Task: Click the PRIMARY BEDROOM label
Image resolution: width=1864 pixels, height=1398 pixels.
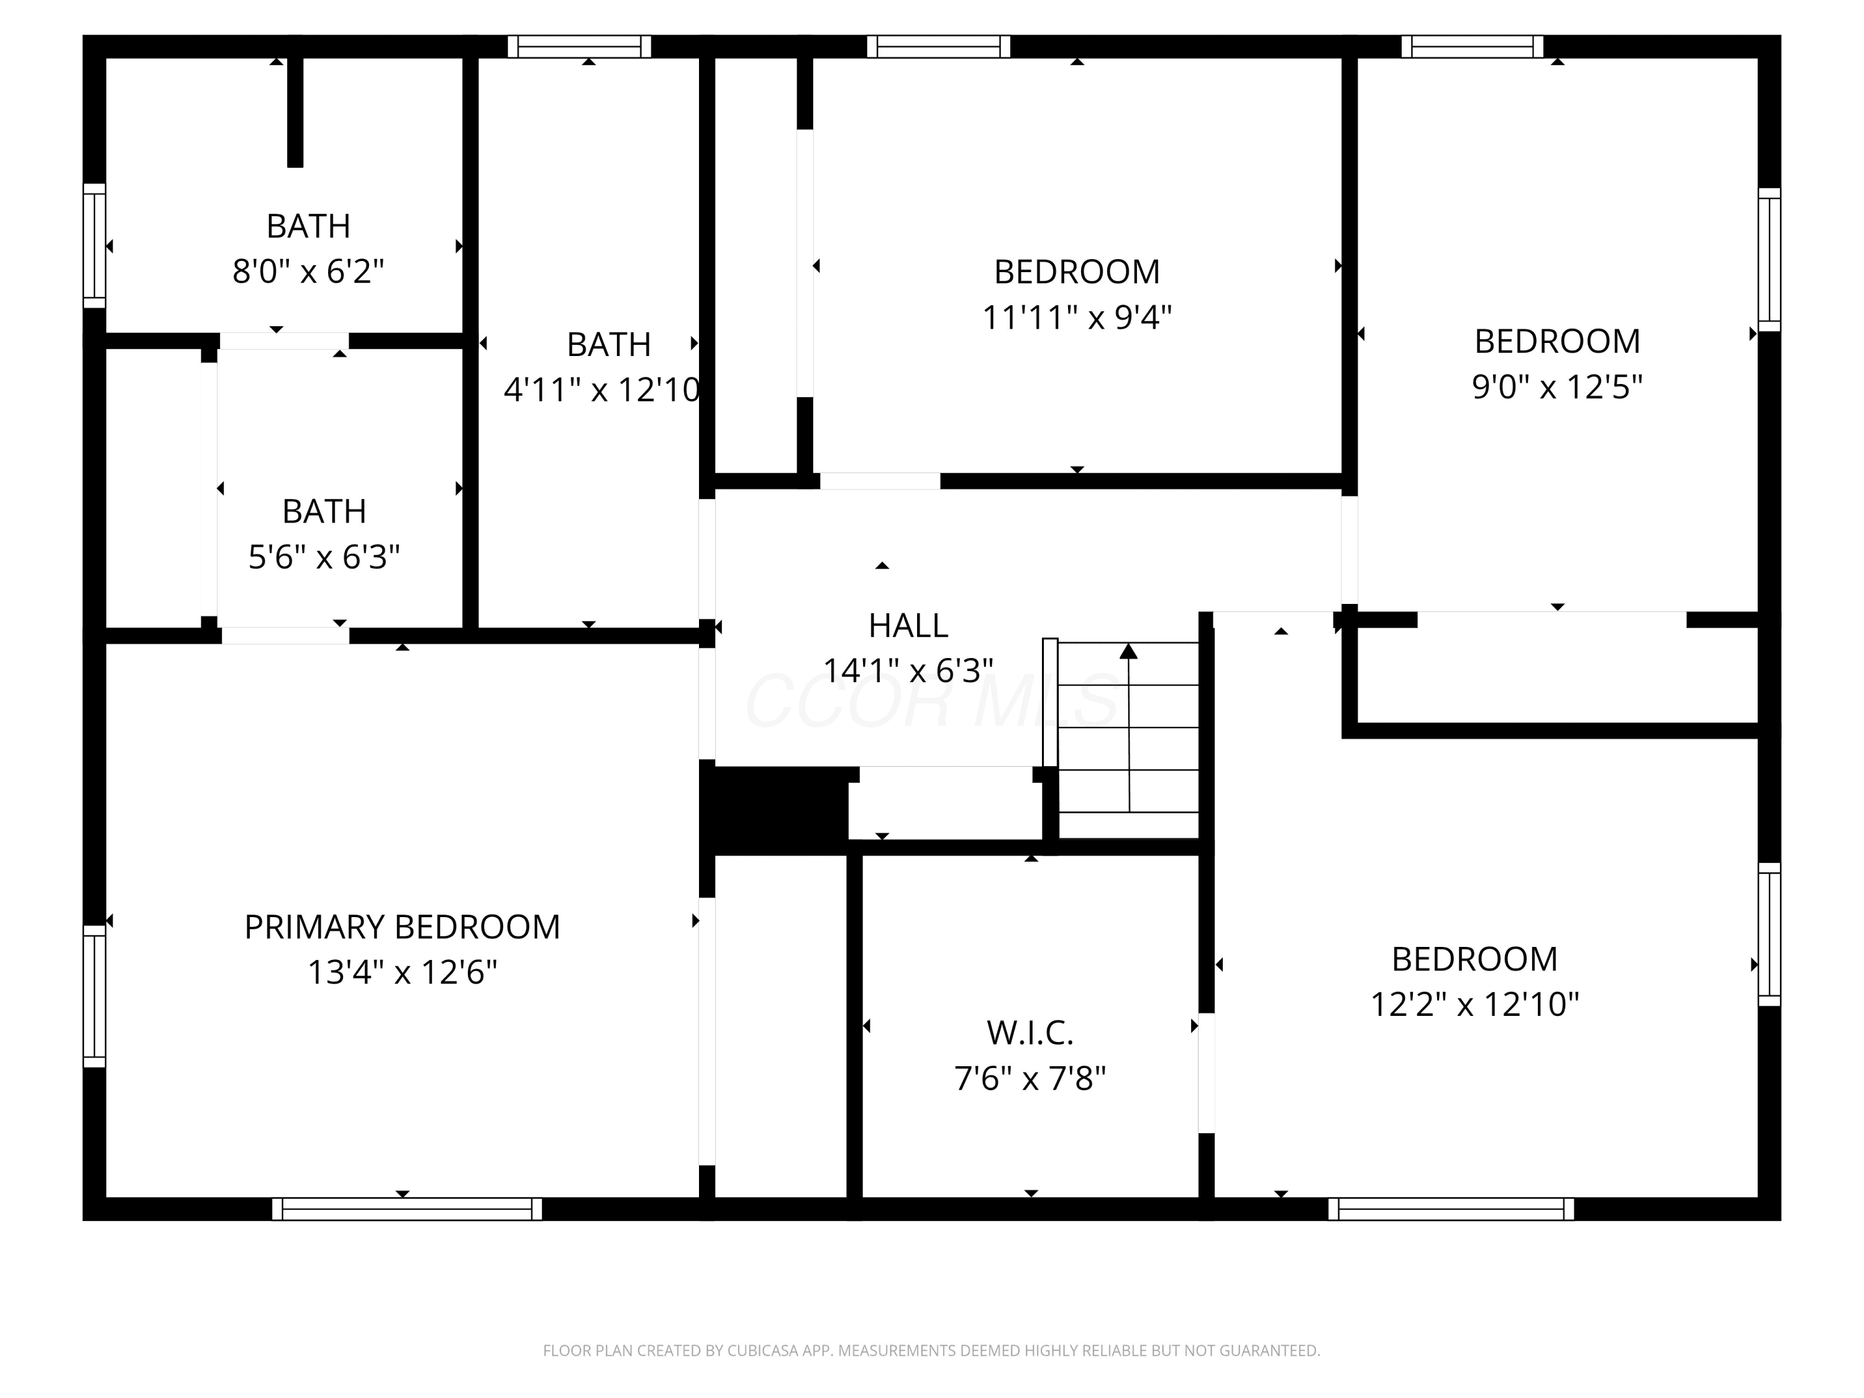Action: pyautogui.click(x=402, y=927)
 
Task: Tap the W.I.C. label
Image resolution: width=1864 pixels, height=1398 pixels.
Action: pyautogui.click(x=1030, y=1032)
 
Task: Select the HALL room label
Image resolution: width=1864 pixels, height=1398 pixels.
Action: pyautogui.click(x=908, y=625)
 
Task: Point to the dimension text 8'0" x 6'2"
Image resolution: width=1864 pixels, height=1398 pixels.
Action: pyautogui.click(x=308, y=272)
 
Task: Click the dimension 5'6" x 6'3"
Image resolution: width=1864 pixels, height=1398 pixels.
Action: pyautogui.click(x=324, y=556)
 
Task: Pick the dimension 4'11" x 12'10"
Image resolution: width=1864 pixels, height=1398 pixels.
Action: pyautogui.click(x=601, y=390)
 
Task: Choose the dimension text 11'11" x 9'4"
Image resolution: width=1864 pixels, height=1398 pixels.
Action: pyautogui.click(x=1077, y=317)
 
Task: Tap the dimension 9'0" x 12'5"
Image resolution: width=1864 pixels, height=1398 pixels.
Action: pyautogui.click(x=1557, y=387)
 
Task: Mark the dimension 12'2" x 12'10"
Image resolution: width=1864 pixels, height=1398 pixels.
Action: pyautogui.click(x=1474, y=1005)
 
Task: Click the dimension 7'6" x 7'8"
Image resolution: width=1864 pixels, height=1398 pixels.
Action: pyautogui.click(x=1030, y=1079)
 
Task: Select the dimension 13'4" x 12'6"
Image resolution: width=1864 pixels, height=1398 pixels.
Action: pyautogui.click(x=402, y=972)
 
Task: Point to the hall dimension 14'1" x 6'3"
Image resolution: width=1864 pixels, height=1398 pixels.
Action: pyautogui.click(x=908, y=671)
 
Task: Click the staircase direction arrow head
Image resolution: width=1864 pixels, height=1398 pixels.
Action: pyautogui.click(x=1129, y=651)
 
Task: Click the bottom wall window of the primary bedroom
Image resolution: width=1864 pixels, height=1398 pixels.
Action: pyautogui.click(x=407, y=1209)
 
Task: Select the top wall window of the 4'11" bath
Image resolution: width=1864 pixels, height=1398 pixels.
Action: pyautogui.click(x=580, y=47)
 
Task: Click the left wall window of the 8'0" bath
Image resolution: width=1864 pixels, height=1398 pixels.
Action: pyautogui.click(x=94, y=246)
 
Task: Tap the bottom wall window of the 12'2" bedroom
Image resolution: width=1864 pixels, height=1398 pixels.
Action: pyautogui.click(x=1451, y=1209)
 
